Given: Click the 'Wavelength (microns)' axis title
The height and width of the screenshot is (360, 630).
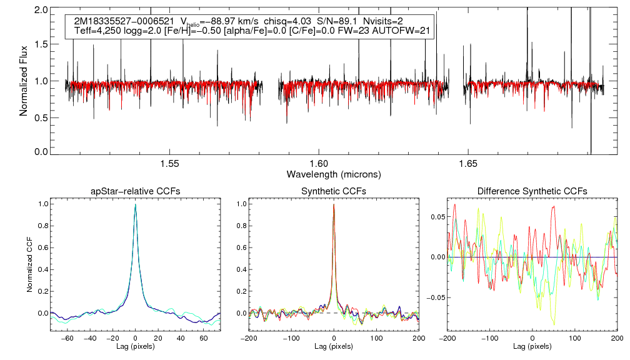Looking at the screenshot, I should (x=333, y=174).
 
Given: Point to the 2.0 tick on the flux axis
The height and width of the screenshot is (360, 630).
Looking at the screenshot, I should (x=42, y=11).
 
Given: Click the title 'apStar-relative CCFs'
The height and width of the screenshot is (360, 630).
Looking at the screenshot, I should (x=136, y=191).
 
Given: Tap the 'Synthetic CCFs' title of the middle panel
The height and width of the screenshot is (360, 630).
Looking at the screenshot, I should (x=334, y=191).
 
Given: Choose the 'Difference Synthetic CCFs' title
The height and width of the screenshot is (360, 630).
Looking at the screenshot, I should (x=532, y=191).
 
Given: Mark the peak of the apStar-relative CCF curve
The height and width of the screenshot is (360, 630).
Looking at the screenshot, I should (x=136, y=204).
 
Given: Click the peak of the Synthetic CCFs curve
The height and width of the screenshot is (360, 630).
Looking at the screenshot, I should (x=334, y=204).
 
